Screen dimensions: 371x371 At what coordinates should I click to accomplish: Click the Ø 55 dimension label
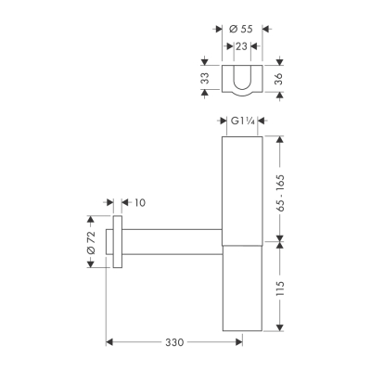[x=240, y=31]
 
